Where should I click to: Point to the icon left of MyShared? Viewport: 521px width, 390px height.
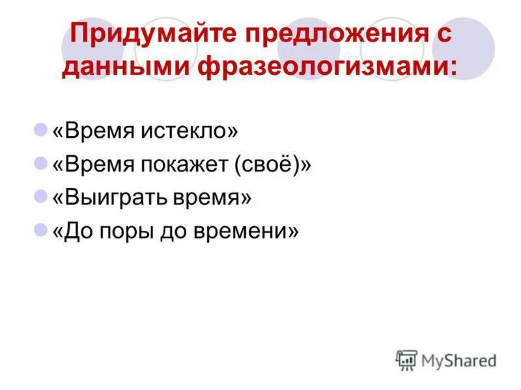406,360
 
